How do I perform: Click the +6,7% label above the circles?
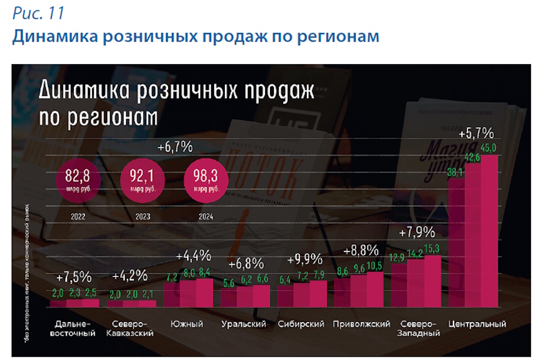pos(175,147)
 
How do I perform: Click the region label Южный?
pos(186,324)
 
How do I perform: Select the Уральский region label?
pos(244,324)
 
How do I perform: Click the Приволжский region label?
pos(362,324)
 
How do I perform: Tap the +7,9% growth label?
pos(417,233)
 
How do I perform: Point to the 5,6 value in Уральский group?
pos(230,281)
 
